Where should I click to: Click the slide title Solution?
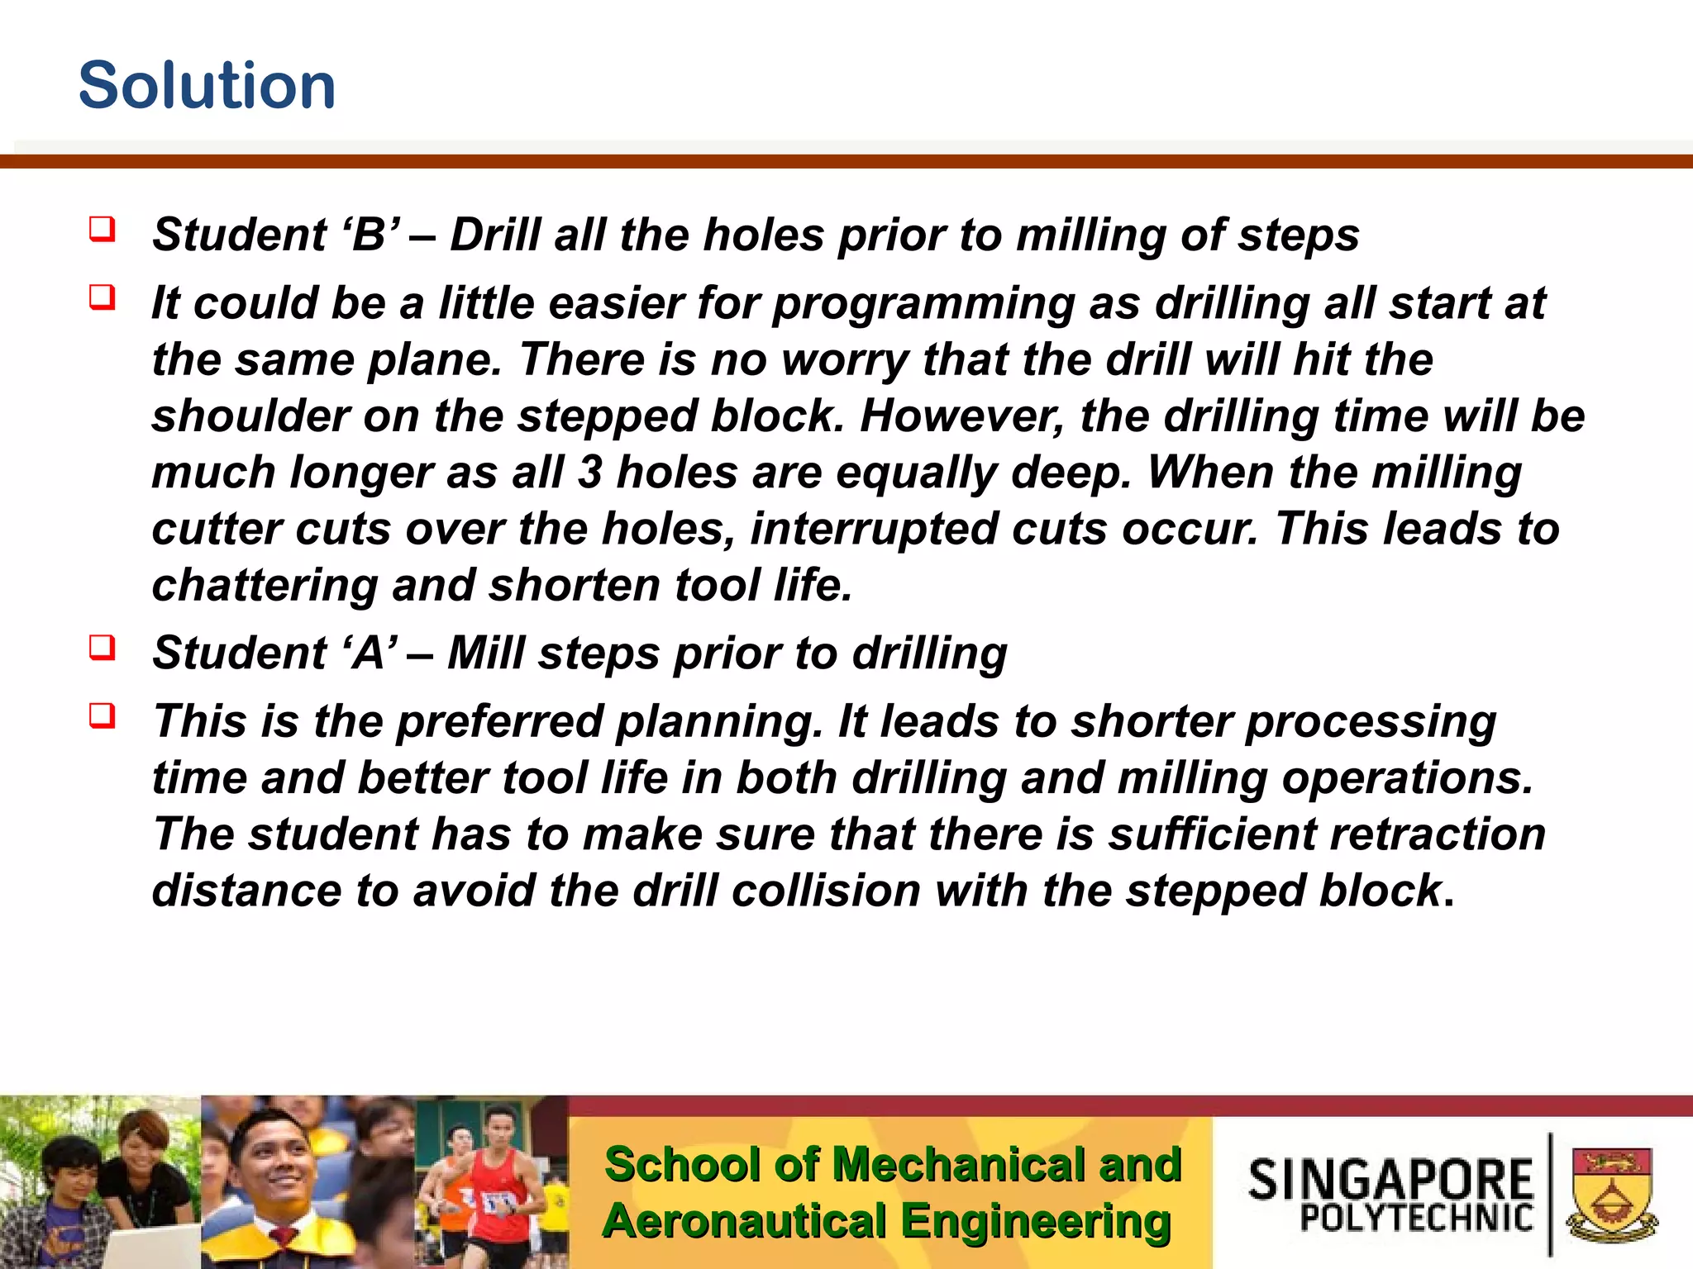point(207,86)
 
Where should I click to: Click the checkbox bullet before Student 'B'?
point(102,229)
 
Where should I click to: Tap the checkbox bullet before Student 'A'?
point(102,647)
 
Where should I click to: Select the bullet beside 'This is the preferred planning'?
point(102,715)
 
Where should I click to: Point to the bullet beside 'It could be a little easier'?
point(102,297)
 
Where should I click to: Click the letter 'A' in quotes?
point(369,654)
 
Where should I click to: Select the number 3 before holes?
point(589,473)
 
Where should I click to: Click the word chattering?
point(264,586)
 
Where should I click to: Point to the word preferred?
point(500,721)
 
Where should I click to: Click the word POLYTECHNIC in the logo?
point(1416,1218)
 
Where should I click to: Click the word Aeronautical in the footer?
point(743,1222)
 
